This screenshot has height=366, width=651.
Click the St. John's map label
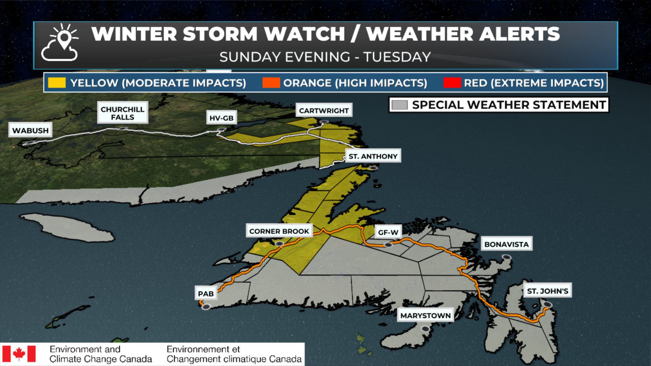[x=547, y=291]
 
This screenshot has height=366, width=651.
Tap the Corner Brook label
[x=279, y=231]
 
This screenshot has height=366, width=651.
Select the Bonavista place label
[x=507, y=244]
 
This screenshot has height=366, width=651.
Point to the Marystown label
[x=426, y=316]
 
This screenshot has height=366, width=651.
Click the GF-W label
[x=388, y=232]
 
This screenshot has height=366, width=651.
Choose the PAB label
[x=206, y=293]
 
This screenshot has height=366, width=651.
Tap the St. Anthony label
[x=373, y=156]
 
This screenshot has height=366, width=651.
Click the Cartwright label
[x=324, y=110]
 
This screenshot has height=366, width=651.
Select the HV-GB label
[x=221, y=118]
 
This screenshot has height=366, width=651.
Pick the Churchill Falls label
[x=122, y=113]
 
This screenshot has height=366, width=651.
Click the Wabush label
[x=31, y=130]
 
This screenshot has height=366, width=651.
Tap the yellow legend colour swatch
[x=57, y=83]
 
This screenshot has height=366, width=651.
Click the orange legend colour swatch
[x=271, y=83]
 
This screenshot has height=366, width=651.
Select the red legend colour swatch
[x=452, y=83]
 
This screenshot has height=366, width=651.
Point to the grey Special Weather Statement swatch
[x=399, y=105]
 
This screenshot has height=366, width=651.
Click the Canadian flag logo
[x=19, y=354]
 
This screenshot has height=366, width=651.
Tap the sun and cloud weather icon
[x=60, y=43]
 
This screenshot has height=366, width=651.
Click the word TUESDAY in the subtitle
[x=397, y=57]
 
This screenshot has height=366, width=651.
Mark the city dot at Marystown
[x=425, y=329]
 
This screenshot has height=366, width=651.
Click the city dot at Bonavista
[x=507, y=258]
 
